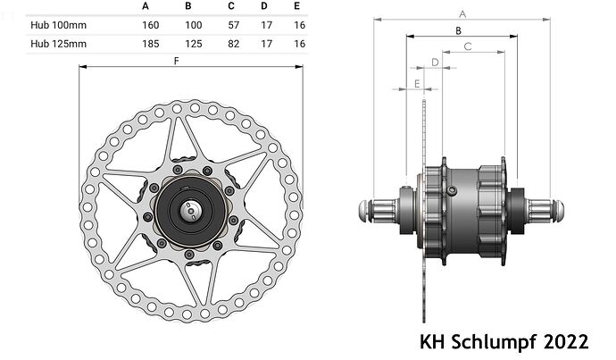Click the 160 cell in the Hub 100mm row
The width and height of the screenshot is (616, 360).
151,25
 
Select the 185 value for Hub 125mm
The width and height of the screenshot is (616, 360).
151,44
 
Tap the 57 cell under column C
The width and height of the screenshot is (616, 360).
234,25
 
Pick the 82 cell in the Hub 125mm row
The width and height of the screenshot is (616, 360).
234,44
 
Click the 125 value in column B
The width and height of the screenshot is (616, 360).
194,44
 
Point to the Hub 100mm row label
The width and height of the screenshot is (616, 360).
59,25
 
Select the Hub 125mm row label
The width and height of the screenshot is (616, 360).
59,44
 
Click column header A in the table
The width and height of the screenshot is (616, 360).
146,6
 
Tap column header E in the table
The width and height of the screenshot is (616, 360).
296,6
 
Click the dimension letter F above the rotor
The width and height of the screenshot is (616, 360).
177,61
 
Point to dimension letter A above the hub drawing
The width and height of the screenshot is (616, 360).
462,14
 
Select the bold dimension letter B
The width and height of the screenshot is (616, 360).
458,30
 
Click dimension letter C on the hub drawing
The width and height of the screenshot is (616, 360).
468,46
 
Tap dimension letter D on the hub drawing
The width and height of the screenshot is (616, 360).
435,63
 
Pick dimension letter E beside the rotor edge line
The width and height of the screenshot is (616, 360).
417,84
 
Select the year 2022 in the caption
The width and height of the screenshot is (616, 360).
566,341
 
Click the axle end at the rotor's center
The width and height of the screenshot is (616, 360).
190,211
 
